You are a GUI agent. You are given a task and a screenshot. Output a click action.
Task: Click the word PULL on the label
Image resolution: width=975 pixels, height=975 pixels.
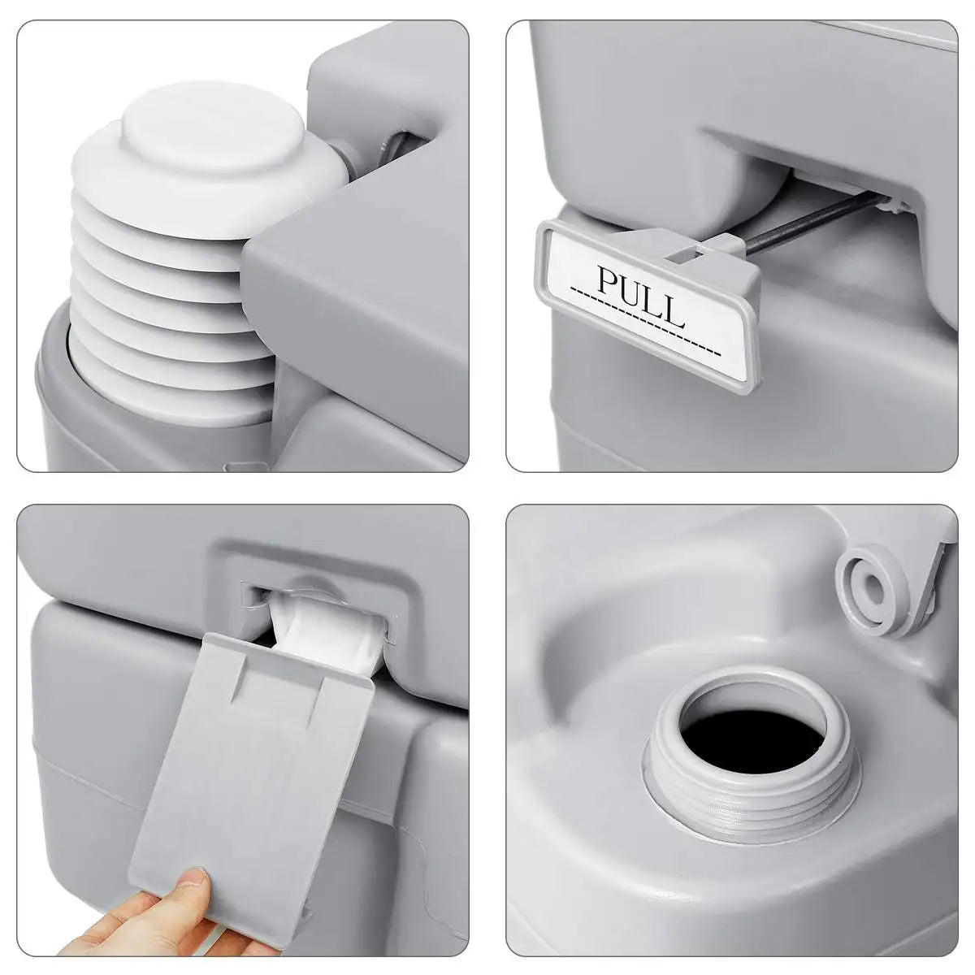[x=641, y=296]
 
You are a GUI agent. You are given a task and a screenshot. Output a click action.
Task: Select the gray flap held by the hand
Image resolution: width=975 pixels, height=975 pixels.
[x=253, y=779]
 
